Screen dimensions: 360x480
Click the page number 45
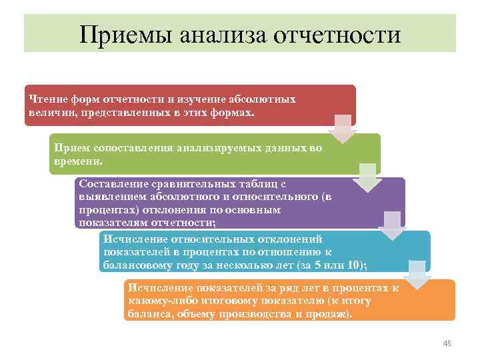[x=447, y=343]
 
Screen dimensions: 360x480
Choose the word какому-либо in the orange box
[x=159, y=301]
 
